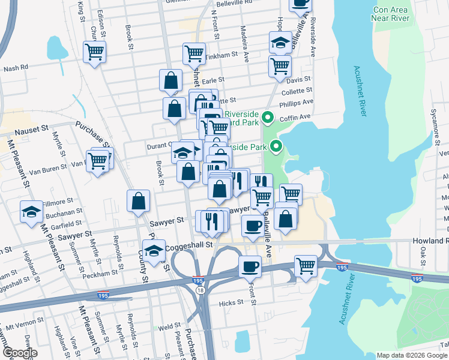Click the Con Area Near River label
coord(399,14)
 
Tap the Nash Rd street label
coord(16,68)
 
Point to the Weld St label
coord(170,327)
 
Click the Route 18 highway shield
coord(199,290)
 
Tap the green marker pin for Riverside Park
coord(276,146)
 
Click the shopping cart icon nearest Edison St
coord(95,52)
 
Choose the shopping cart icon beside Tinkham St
coord(194,53)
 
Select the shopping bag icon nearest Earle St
coord(171,80)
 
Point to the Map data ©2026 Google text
coord(412,355)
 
